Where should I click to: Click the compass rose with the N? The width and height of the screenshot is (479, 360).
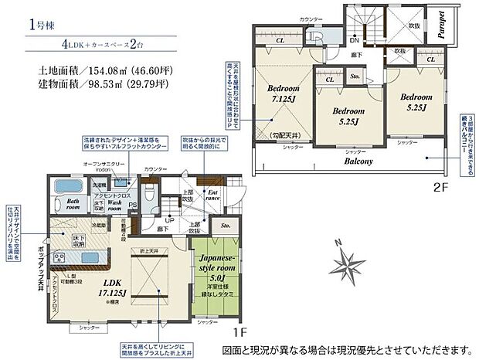pyautogui.click(x=347, y=267)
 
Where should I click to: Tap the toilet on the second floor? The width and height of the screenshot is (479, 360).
pyautogui.click(x=318, y=36)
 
